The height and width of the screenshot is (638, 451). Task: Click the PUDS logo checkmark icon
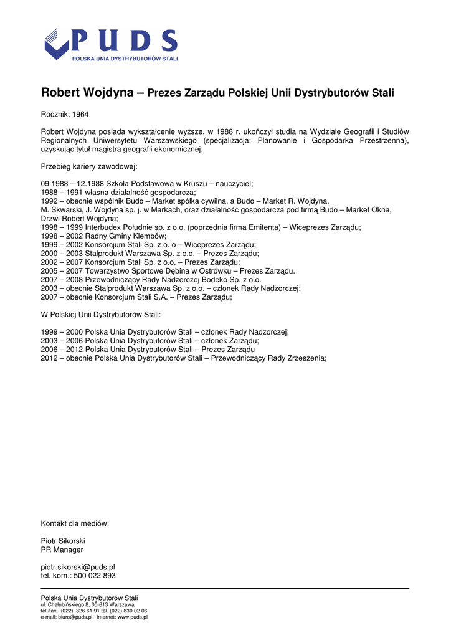57,44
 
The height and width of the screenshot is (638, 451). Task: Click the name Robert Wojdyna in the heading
87,93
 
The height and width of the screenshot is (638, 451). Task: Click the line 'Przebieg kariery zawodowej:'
89,167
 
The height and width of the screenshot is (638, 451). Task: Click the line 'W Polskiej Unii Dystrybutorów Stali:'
101,315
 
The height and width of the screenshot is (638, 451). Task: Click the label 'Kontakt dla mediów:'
75,523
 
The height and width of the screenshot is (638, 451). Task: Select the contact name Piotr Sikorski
63,541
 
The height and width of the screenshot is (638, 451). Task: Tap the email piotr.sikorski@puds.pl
78,567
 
